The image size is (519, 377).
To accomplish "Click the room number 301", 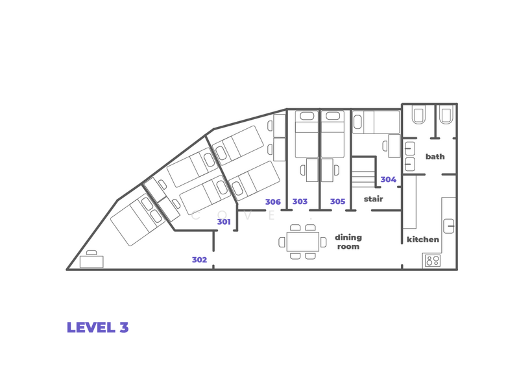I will coord(224,222).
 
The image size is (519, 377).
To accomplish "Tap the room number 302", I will coord(199,260).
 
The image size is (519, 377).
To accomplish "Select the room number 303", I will coord(300,201).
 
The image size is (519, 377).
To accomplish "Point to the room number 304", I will coord(388,179).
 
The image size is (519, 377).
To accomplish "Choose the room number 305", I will coord(337,201).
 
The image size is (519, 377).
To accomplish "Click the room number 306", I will coord(272,201).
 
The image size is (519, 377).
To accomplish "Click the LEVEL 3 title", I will coord(97,327).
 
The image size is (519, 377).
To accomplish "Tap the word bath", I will coord(435,157).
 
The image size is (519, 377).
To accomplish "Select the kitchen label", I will coord(423,240).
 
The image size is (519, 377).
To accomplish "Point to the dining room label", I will coord(348,242).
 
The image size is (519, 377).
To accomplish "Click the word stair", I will coord(373,199).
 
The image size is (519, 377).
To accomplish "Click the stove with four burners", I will coord(433,261).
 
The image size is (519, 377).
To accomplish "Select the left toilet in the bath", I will coord(419,115).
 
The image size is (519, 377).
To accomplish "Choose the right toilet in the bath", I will coord(446,115).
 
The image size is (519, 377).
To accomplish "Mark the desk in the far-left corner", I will coord(91,261).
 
